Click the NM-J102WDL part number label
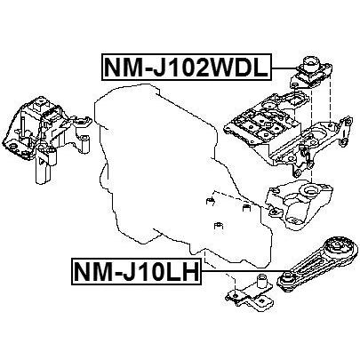coord(187,67)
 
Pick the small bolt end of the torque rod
coord(287,279)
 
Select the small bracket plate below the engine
coord(249,292)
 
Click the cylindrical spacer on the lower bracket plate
coord(261,281)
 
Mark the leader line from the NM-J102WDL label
coord(284,68)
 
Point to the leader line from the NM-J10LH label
coord(241,271)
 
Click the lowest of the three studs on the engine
coord(219,225)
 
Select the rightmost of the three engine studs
coord(246,208)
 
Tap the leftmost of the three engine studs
coord(210,201)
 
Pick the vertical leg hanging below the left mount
coord(42,166)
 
